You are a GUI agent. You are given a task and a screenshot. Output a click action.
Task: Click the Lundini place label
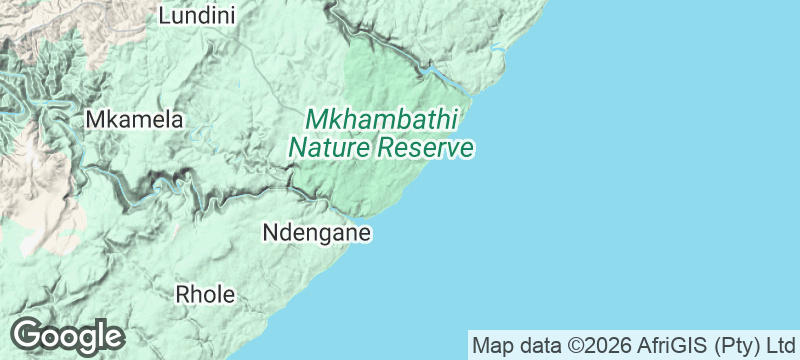197,15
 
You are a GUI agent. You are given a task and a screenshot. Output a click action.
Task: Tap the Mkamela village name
135,119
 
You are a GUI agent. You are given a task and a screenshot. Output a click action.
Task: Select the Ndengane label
316,233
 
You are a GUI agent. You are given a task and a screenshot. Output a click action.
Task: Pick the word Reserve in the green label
425,149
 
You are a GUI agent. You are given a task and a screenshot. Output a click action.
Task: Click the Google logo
67,336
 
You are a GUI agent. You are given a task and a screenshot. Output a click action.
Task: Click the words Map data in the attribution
518,346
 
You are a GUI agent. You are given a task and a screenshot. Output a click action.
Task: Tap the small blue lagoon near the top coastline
497,50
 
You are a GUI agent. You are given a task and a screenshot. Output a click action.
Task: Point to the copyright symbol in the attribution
577,346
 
